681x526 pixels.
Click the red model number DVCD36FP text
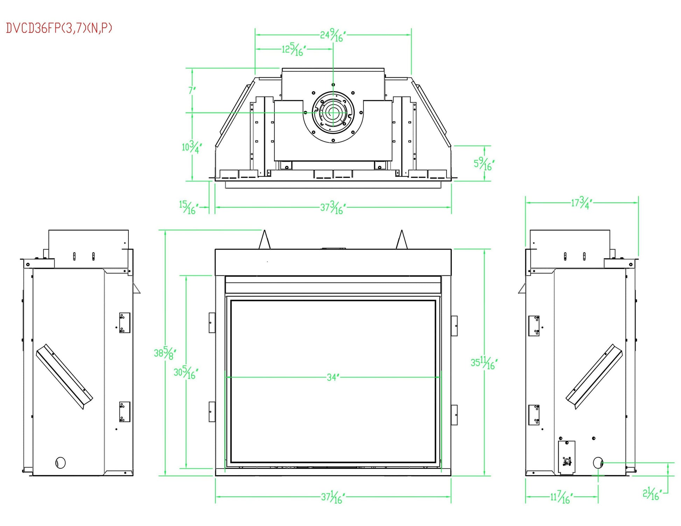pyautogui.click(x=59, y=28)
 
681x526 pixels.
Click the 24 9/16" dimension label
pyautogui.click(x=333, y=35)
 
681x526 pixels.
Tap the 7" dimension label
pyautogui.click(x=192, y=90)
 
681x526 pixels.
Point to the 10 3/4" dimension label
pyautogui.click(x=191, y=147)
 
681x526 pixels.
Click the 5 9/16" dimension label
pyautogui.click(x=484, y=163)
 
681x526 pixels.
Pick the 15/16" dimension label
pyautogui.click(x=188, y=207)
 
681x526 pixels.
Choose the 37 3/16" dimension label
pyautogui.click(x=333, y=208)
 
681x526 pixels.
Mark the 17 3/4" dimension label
pyautogui.click(x=581, y=203)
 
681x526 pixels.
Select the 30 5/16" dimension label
pyautogui.click(x=185, y=372)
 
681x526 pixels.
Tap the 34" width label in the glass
pyautogui.click(x=333, y=377)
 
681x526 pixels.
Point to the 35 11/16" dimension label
pyautogui.click(x=484, y=363)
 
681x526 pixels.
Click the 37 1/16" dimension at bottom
pyautogui.click(x=333, y=497)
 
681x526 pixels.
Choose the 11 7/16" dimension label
pyautogui.click(x=561, y=497)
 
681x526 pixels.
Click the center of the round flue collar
pyautogui.click(x=333, y=113)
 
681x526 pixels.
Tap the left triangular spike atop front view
pyautogui.click(x=265, y=240)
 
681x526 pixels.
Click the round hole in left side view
pyautogui.click(x=61, y=463)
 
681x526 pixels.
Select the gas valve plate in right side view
pyautogui.click(x=566, y=457)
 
